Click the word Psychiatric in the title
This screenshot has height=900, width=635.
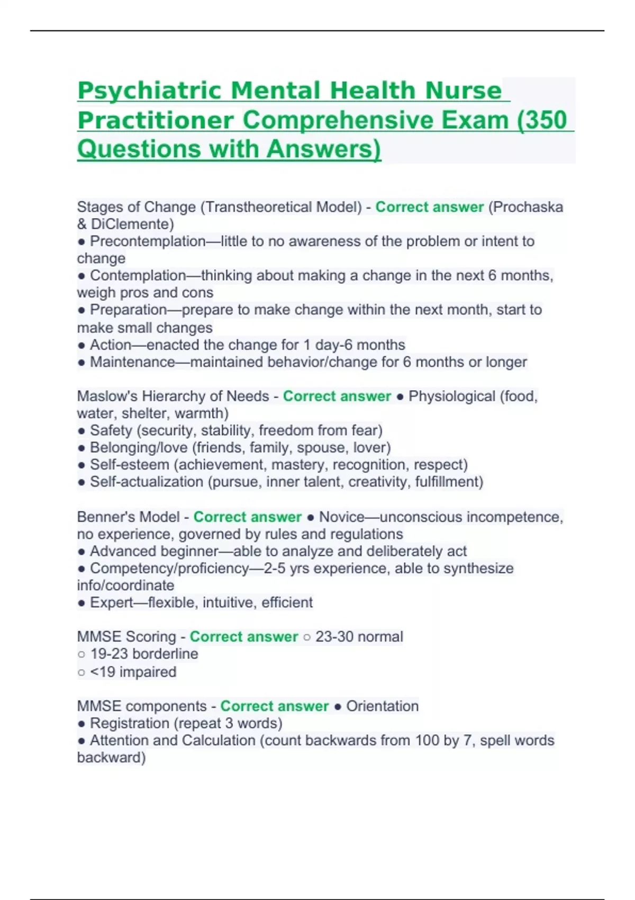pyautogui.click(x=149, y=91)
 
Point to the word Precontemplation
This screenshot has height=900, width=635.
pyautogui.click(x=148, y=241)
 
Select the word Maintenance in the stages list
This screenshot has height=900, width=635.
pyautogui.click(x=132, y=362)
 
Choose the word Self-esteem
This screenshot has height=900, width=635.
pyautogui.click(x=130, y=465)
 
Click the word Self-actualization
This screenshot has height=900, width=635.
pyautogui.click(x=147, y=482)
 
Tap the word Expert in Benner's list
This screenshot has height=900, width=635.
pyautogui.click(x=111, y=602)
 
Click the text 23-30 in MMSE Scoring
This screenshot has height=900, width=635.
pyautogui.click(x=335, y=636)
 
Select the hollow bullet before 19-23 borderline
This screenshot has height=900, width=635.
pyautogui.click(x=81, y=654)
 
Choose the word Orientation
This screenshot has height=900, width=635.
pyautogui.click(x=382, y=706)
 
